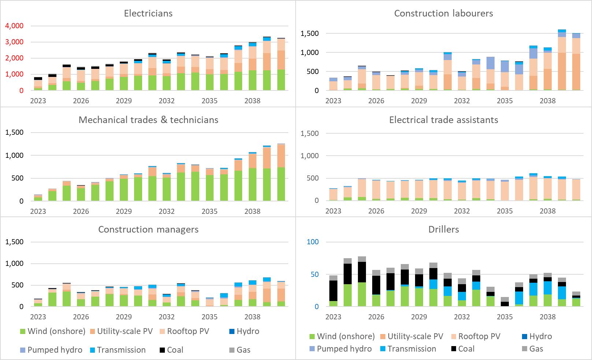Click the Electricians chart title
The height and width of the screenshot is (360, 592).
pyautogui.click(x=148, y=14)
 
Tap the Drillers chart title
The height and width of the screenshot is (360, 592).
pyautogui.click(x=443, y=230)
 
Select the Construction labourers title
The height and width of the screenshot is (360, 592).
pyautogui.click(x=443, y=14)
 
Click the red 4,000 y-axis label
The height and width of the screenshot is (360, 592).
pyautogui.click(x=14, y=26)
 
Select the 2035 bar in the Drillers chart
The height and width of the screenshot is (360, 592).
pyautogui.click(x=505, y=302)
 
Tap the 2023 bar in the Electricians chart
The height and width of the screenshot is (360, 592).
pyautogui.click(x=38, y=84)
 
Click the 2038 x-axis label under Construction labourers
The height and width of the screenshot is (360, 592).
pyautogui.click(x=548, y=101)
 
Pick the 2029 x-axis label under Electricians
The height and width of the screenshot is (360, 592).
pyautogui.click(x=124, y=101)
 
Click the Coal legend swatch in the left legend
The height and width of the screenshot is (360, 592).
pyautogui.click(x=162, y=350)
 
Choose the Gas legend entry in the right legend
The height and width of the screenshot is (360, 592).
pyautogui.click(x=536, y=349)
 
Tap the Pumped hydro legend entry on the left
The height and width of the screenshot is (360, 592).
pyautogui.click(x=55, y=350)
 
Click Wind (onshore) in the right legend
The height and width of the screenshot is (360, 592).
pyautogui.click(x=345, y=336)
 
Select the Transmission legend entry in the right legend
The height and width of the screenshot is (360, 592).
pyautogui.click(x=412, y=349)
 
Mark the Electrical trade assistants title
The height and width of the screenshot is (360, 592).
pyautogui.click(x=443, y=120)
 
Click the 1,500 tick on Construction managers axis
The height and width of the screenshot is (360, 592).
pyautogui.click(x=14, y=242)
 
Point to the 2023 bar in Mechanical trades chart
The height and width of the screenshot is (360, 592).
pyautogui.click(x=38, y=198)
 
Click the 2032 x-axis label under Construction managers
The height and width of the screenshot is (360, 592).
pyautogui.click(x=167, y=316)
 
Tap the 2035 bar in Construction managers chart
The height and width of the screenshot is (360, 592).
pyautogui.click(x=210, y=303)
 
